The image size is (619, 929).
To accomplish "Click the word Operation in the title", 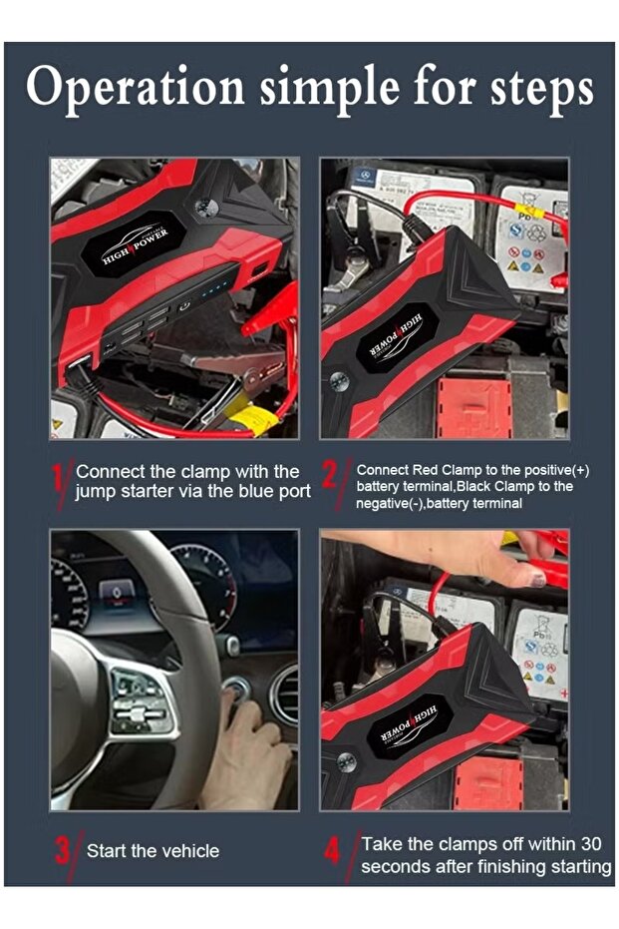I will click(135, 88).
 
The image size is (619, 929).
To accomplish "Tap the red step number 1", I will click(60, 481).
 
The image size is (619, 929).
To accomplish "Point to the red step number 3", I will click(64, 850).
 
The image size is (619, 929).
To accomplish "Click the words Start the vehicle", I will click(153, 851).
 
